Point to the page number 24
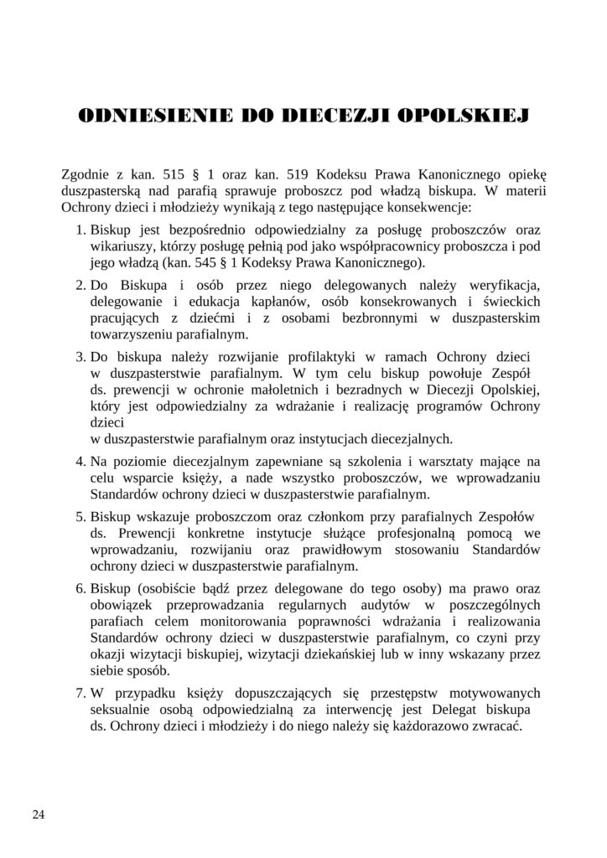(39, 814)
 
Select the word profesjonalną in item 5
(439, 533)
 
